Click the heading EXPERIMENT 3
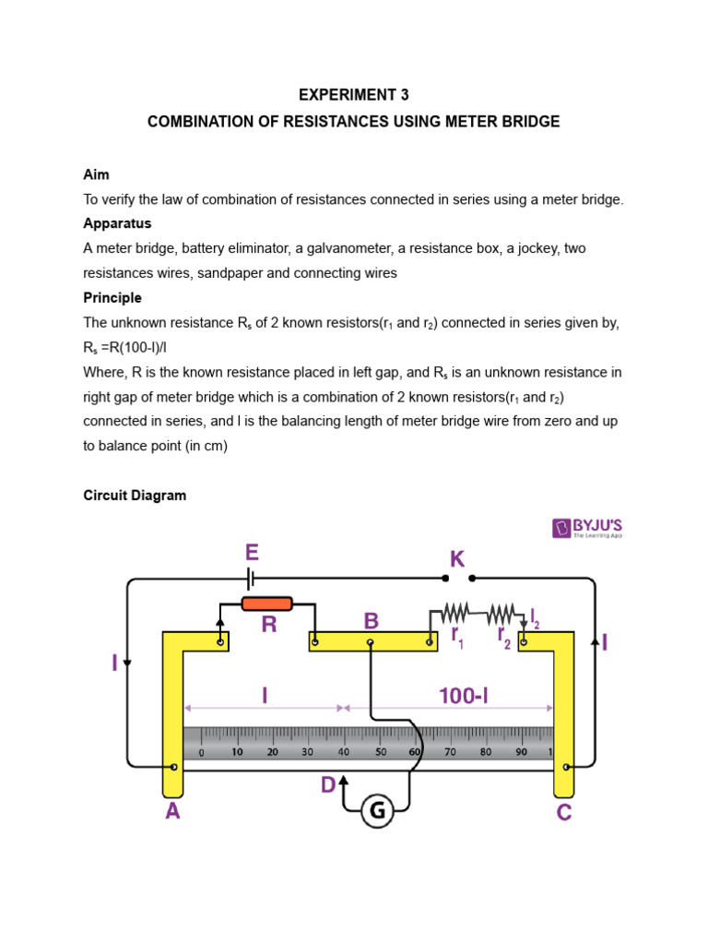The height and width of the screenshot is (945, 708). click(353, 95)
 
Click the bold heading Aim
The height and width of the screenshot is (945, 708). click(96, 174)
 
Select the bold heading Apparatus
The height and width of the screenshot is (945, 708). click(117, 223)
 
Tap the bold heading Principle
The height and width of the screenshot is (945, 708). click(112, 298)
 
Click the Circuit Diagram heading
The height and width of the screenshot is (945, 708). click(135, 496)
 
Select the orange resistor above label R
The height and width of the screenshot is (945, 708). click(266, 604)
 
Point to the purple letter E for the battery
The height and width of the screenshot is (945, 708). click(252, 554)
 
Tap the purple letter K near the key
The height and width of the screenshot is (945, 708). click(456, 559)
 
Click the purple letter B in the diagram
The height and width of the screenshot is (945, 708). click(371, 619)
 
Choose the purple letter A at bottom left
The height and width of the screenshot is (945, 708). click(172, 813)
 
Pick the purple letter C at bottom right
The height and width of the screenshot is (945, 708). click(564, 813)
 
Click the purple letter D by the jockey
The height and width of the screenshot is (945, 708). click(327, 785)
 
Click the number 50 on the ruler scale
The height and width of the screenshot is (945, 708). click(380, 752)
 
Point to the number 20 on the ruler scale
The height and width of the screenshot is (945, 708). click(272, 752)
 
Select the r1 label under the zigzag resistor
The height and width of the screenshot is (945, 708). click(456, 636)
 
